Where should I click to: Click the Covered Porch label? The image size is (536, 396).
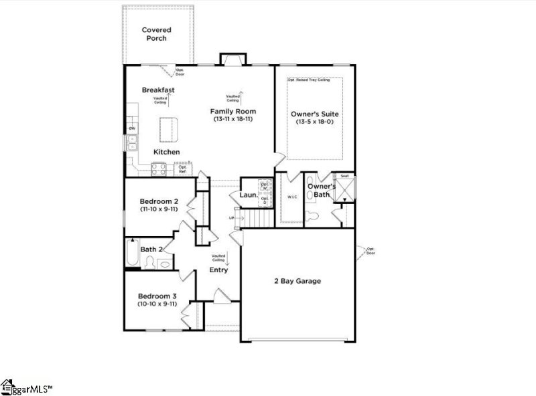tap(155, 34)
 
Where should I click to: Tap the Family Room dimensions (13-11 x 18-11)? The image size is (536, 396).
tap(233, 119)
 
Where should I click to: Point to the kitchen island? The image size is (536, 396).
tap(170, 128)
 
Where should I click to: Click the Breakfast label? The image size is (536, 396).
tap(158, 90)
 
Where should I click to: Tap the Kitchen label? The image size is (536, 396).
tap(167, 152)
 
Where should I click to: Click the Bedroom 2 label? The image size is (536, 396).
tap(158, 201)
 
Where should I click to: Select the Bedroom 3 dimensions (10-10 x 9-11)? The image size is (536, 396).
tap(158, 304)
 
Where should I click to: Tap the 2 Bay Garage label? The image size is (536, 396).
tap(297, 281)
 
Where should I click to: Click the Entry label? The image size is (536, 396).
tap(218, 270)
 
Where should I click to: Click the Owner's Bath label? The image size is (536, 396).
tap(321, 190)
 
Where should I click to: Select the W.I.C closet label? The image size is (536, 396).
tap(292, 197)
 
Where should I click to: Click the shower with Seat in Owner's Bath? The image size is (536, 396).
tap(345, 189)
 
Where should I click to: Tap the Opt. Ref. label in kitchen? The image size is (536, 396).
tap(182, 169)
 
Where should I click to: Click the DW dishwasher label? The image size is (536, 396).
tap(132, 128)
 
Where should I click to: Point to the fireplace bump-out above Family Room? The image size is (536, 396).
tap(232, 60)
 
